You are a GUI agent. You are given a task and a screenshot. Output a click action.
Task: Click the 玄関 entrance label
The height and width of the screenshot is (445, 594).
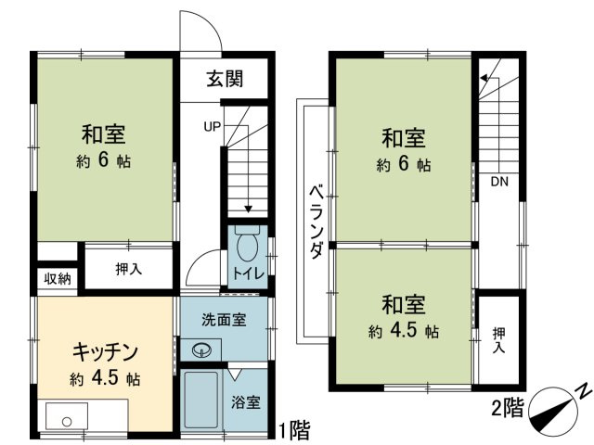coord(225,80)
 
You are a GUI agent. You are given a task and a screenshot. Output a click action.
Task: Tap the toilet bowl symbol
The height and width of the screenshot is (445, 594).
coord(248,248)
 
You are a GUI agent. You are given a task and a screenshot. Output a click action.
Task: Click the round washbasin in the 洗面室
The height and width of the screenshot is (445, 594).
coord(202,350)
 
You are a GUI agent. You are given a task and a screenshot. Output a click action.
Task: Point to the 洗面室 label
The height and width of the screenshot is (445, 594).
coord(224,321)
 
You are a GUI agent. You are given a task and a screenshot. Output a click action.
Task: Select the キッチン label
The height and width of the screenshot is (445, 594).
coord(106,352)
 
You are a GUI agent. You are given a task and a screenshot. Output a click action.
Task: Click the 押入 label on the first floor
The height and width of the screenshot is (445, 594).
coord(129,270)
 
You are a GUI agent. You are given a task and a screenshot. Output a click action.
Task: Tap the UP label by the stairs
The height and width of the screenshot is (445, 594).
coord(212,127)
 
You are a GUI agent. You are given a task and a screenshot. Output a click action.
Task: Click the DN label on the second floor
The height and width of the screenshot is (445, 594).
coord(499,181)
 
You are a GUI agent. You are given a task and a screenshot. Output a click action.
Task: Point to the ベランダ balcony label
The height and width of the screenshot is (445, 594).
coord(316,222)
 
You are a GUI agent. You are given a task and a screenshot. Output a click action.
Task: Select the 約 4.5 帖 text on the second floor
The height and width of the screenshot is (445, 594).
coord(403,331)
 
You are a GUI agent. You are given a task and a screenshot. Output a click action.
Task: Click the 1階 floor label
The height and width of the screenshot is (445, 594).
coord(293,430)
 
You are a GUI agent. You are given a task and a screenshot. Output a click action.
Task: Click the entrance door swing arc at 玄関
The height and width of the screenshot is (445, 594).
coord(202,32)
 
